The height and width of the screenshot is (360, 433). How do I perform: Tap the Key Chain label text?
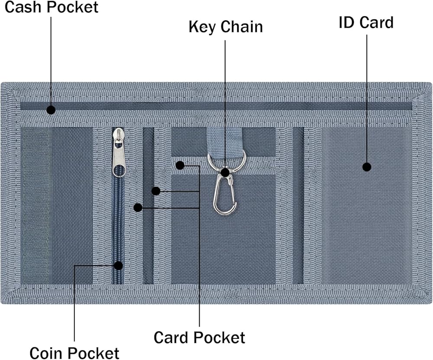tap(226, 26)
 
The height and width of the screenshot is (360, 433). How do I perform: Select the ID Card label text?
tap(366, 22)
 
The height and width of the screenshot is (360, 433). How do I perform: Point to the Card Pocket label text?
tap(199, 337)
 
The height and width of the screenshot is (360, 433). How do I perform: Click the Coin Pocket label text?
tap(74, 353)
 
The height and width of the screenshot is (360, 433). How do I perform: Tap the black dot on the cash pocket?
tap(51, 109)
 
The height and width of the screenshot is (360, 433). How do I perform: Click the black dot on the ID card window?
tap(367, 167)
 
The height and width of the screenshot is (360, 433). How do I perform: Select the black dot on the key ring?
tap(225, 172)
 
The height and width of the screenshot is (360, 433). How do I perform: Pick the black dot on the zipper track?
tap(118, 265)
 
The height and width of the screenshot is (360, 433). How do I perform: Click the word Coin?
tap(46, 353)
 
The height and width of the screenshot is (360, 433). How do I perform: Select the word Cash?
tap(22, 7)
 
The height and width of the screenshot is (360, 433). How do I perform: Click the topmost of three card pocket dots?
tap(180, 165)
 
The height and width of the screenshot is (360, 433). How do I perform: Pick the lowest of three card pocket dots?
tap(138, 208)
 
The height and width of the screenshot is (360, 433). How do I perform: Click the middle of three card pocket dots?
tap(156, 191)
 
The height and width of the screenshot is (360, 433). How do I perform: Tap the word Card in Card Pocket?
tap(172, 337)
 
